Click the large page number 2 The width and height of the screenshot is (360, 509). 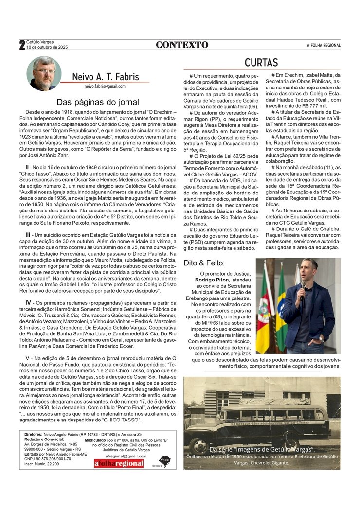tap(22, 45)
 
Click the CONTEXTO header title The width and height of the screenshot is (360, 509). tap(182, 45)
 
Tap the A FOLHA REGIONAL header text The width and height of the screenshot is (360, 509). tap(324, 46)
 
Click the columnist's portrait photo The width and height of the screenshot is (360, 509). tap(44, 73)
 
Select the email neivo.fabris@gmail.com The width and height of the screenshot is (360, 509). tap(105, 86)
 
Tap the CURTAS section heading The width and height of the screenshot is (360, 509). tap(261, 63)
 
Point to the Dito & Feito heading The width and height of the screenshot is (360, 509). tap(204, 263)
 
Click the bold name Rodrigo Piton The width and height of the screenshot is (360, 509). tap(212, 280)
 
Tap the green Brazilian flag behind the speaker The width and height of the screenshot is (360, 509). tap(282, 311)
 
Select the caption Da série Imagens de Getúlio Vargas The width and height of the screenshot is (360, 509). tap(262, 450)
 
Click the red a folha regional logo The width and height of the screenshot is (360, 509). tap(119, 463)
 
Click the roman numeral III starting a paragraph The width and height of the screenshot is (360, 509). tap(28, 235)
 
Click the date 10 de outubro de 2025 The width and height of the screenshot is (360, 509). tap(47, 48)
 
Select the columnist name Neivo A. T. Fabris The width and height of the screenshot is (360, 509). tap(106, 77)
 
